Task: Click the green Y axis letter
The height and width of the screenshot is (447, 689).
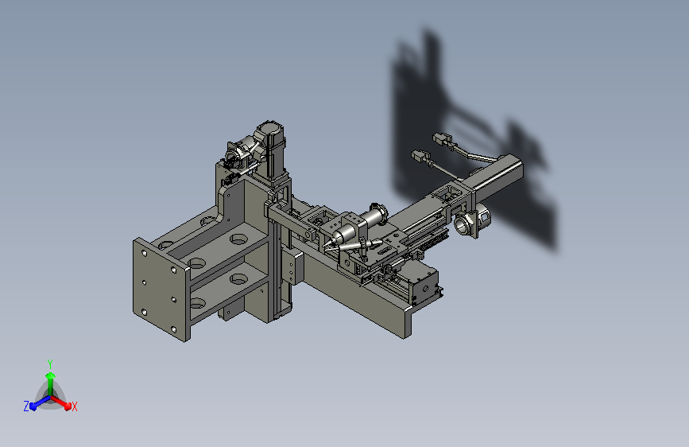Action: [50, 363]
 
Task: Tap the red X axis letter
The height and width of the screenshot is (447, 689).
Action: [74, 406]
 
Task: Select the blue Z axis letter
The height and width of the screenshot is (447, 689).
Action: [26, 406]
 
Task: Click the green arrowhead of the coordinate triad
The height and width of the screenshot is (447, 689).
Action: [51, 375]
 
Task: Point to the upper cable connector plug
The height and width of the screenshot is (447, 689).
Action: [443, 140]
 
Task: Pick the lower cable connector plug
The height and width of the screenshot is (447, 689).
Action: [421, 157]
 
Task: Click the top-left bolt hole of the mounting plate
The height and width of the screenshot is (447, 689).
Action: [145, 253]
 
